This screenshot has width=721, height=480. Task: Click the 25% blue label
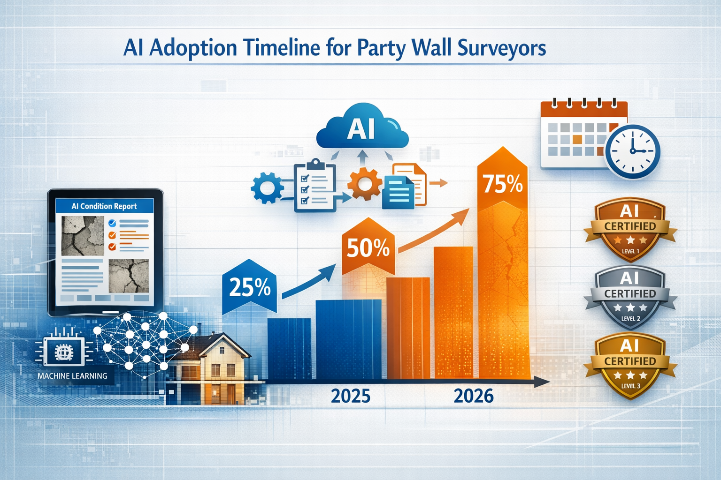point(249,287)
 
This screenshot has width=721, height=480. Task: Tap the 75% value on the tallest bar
point(503,184)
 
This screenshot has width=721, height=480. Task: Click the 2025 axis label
point(351,396)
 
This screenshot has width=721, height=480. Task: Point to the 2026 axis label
point(474,396)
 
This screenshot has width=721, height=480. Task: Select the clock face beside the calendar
point(632,151)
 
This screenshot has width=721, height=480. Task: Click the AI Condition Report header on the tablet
point(104,206)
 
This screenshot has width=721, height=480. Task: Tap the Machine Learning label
point(72,376)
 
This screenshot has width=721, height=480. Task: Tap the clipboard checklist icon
point(314,187)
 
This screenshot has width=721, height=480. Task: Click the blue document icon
point(398,192)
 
